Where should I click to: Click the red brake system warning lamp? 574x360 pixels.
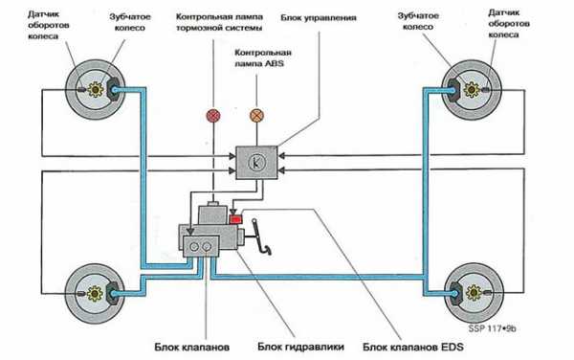point(213,116)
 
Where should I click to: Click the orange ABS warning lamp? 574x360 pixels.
point(256,116)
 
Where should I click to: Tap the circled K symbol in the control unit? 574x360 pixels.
point(255,163)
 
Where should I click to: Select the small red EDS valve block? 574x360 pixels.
point(235,219)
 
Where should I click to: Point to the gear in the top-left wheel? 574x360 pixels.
point(95,89)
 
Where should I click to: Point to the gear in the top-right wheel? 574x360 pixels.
point(472,89)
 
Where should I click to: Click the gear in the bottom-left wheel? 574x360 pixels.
point(95,293)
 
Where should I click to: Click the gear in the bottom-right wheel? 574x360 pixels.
point(474,293)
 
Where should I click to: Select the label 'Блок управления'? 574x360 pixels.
point(319,18)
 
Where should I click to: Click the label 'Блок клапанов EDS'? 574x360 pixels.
point(413,347)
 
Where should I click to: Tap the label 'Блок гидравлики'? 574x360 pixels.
point(301,347)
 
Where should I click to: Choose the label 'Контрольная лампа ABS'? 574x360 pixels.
point(263,57)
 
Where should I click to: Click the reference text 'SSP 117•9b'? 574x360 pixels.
point(492,328)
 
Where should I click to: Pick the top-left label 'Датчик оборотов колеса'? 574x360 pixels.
point(49,25)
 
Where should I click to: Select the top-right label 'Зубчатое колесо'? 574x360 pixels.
point(418,21)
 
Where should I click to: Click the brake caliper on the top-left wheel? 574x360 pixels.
point(113,89)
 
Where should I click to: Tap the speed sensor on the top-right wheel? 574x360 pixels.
point(487,90)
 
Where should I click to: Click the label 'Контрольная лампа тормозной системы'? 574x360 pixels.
point(219,22)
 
